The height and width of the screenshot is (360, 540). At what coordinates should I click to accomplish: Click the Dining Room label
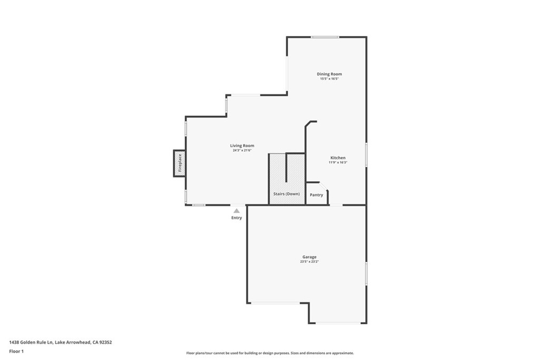(329, 74)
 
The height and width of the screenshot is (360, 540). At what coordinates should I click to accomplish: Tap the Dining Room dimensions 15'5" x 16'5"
(329, 79)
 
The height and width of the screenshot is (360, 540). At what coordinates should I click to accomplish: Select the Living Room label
(242, 145)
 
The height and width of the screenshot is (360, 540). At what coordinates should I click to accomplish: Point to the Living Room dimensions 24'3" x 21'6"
(242, 150)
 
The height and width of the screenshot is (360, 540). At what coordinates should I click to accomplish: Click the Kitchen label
(338, 158)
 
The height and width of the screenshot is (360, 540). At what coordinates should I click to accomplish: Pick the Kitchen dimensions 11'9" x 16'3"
(338, 162)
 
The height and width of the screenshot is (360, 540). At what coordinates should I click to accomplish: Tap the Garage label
(309, 257)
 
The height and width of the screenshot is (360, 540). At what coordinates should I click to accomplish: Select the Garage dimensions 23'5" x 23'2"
(309, 261)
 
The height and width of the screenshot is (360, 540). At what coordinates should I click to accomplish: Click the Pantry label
(316, 195)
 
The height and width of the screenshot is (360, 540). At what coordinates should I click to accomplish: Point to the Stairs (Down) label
(286, 194)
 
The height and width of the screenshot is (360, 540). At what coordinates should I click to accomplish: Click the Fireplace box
(179, 163)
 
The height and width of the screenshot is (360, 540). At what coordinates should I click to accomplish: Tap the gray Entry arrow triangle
(237, 211)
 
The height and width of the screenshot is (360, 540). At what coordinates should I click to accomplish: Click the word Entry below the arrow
(237, 218)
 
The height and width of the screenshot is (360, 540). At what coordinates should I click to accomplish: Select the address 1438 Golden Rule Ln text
(31, 342)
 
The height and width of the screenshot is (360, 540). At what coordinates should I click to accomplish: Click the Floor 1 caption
(16, 352)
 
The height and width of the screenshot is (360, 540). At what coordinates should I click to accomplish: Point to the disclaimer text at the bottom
(270, 353)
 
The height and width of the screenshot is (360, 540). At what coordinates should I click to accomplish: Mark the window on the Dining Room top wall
(325, 37)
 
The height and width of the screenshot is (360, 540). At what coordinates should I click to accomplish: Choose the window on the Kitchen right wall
(366, 154)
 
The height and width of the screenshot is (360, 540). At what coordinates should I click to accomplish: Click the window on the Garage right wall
(366, 274)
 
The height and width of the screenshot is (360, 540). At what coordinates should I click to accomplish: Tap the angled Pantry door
(324, 186)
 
